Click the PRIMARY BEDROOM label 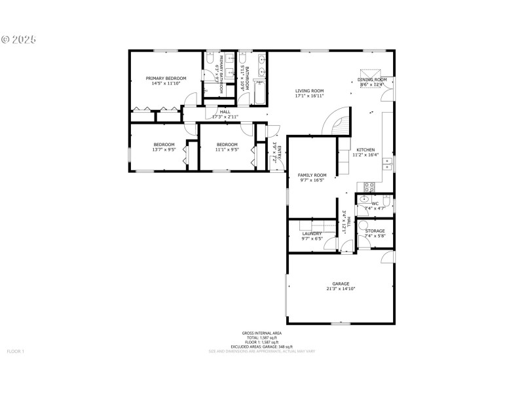[161, 78]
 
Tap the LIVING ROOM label [309, 91]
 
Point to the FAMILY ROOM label [312, 175]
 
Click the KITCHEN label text [365, 150]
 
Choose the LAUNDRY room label [312, 234]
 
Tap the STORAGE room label [375, 231]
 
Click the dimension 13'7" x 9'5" [164, 149]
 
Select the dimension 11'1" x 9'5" [227, 149]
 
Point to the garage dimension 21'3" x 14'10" [341, 289]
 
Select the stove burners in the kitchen [367, 185]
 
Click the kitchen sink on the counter [388, 161]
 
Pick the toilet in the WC [365, 203]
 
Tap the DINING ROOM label [373, 80]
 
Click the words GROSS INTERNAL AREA [261, 333]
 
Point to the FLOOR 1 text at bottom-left [15, 352]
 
